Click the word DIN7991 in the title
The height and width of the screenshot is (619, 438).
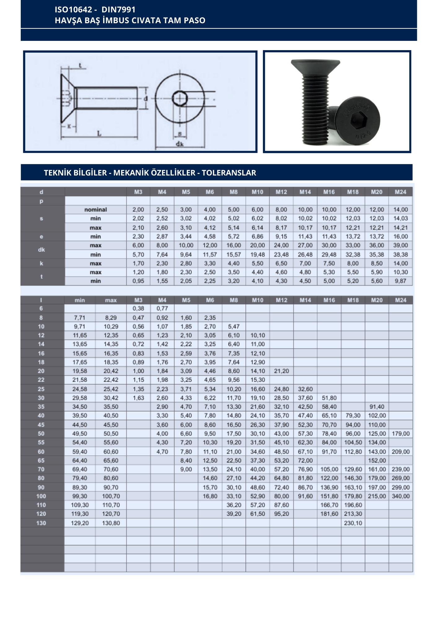(x=119, y=10)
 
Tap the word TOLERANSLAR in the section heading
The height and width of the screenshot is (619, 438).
(x=229, y=173)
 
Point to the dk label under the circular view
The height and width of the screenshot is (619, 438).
(x=180, y=144)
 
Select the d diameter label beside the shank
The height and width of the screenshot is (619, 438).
(x=146, y=98)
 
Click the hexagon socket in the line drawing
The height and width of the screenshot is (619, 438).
(x=180, y=98)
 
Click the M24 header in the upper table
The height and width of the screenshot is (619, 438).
(x=401, y=192)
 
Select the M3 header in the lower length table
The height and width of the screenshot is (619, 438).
(x=138, y=300)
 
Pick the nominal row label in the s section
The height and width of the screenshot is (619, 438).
(x=95, y=210)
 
